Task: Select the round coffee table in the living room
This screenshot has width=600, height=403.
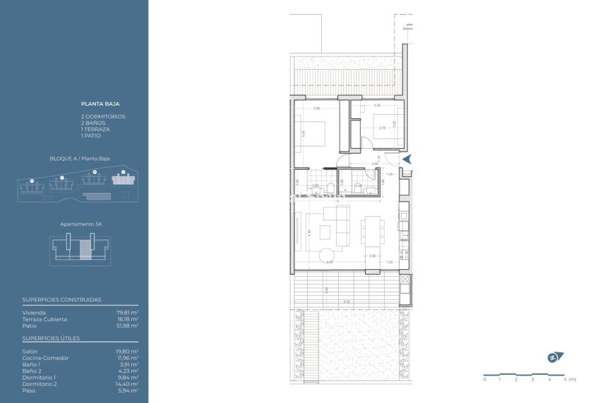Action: (328, 256)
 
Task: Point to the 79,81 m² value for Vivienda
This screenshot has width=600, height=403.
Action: (127, 312)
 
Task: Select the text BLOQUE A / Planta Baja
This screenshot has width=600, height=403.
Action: (80, 159)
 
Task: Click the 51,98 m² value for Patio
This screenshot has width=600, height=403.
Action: (127, 325)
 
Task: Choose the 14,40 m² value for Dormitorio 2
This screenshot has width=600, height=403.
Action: (127, 383)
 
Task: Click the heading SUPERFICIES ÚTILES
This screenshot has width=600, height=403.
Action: (51, 338)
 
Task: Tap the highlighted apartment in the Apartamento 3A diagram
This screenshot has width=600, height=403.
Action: (85, 249)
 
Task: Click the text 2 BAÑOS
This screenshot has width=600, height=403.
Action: (93, 123)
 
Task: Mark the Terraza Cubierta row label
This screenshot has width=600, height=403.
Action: (44, 319)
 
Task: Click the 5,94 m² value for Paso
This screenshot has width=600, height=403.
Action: (128, 390)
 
